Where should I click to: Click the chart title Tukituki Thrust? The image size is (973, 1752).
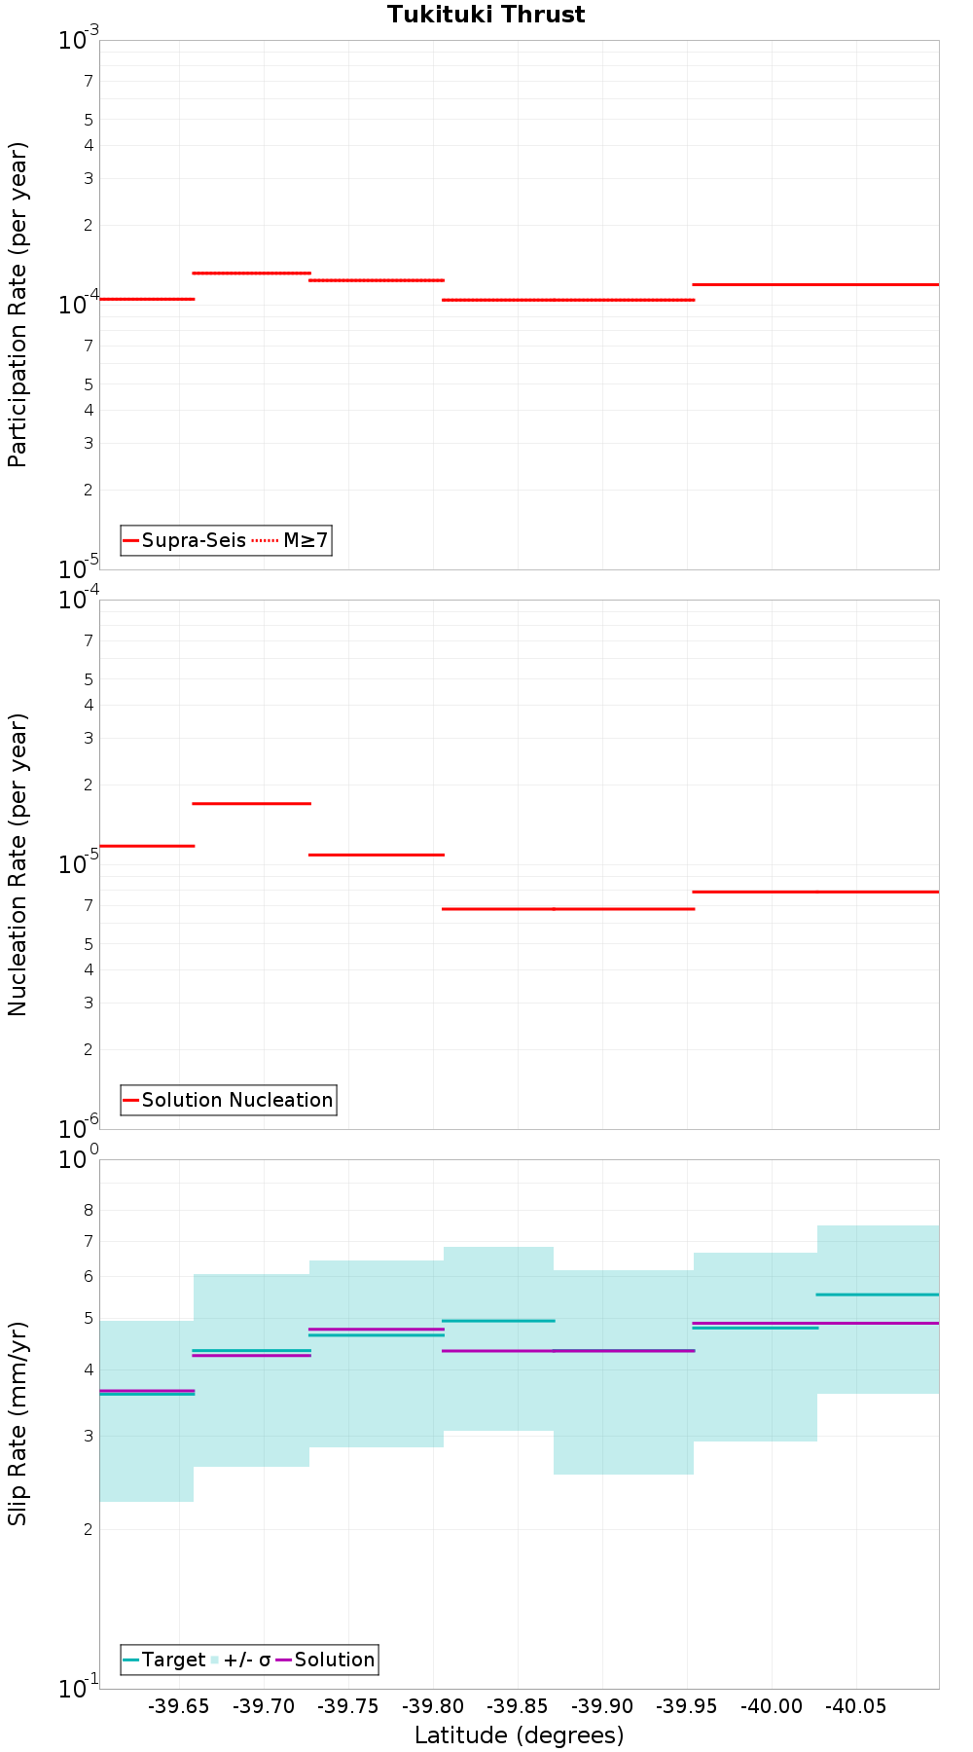click(x=486, y=15)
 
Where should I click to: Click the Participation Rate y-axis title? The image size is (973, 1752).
click(x=18, y=305)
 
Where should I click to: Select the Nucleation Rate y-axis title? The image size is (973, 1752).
click(x=18, y=864)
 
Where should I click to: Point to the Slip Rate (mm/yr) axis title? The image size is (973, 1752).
click(x=18, y=1423)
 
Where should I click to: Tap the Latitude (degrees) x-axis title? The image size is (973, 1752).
click(x=519, y=1734)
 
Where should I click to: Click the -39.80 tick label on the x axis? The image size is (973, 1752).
click(x=433, y=1706)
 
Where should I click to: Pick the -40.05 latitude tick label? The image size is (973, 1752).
click(x=856, y=1706)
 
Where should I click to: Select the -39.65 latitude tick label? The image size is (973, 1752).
click(x=179, y=1706)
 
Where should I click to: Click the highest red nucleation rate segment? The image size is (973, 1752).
click(x=251, y=803)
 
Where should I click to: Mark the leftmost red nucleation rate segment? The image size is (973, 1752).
click(x=147, y=846)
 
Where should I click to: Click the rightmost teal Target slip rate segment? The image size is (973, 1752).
click(x=878, y=1295)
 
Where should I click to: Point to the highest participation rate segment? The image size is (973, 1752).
click(x=251, y=273)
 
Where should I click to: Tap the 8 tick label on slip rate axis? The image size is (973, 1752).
click(x=89, y=1210)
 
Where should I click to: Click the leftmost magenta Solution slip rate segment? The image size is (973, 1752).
click(x=147, y=1390)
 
